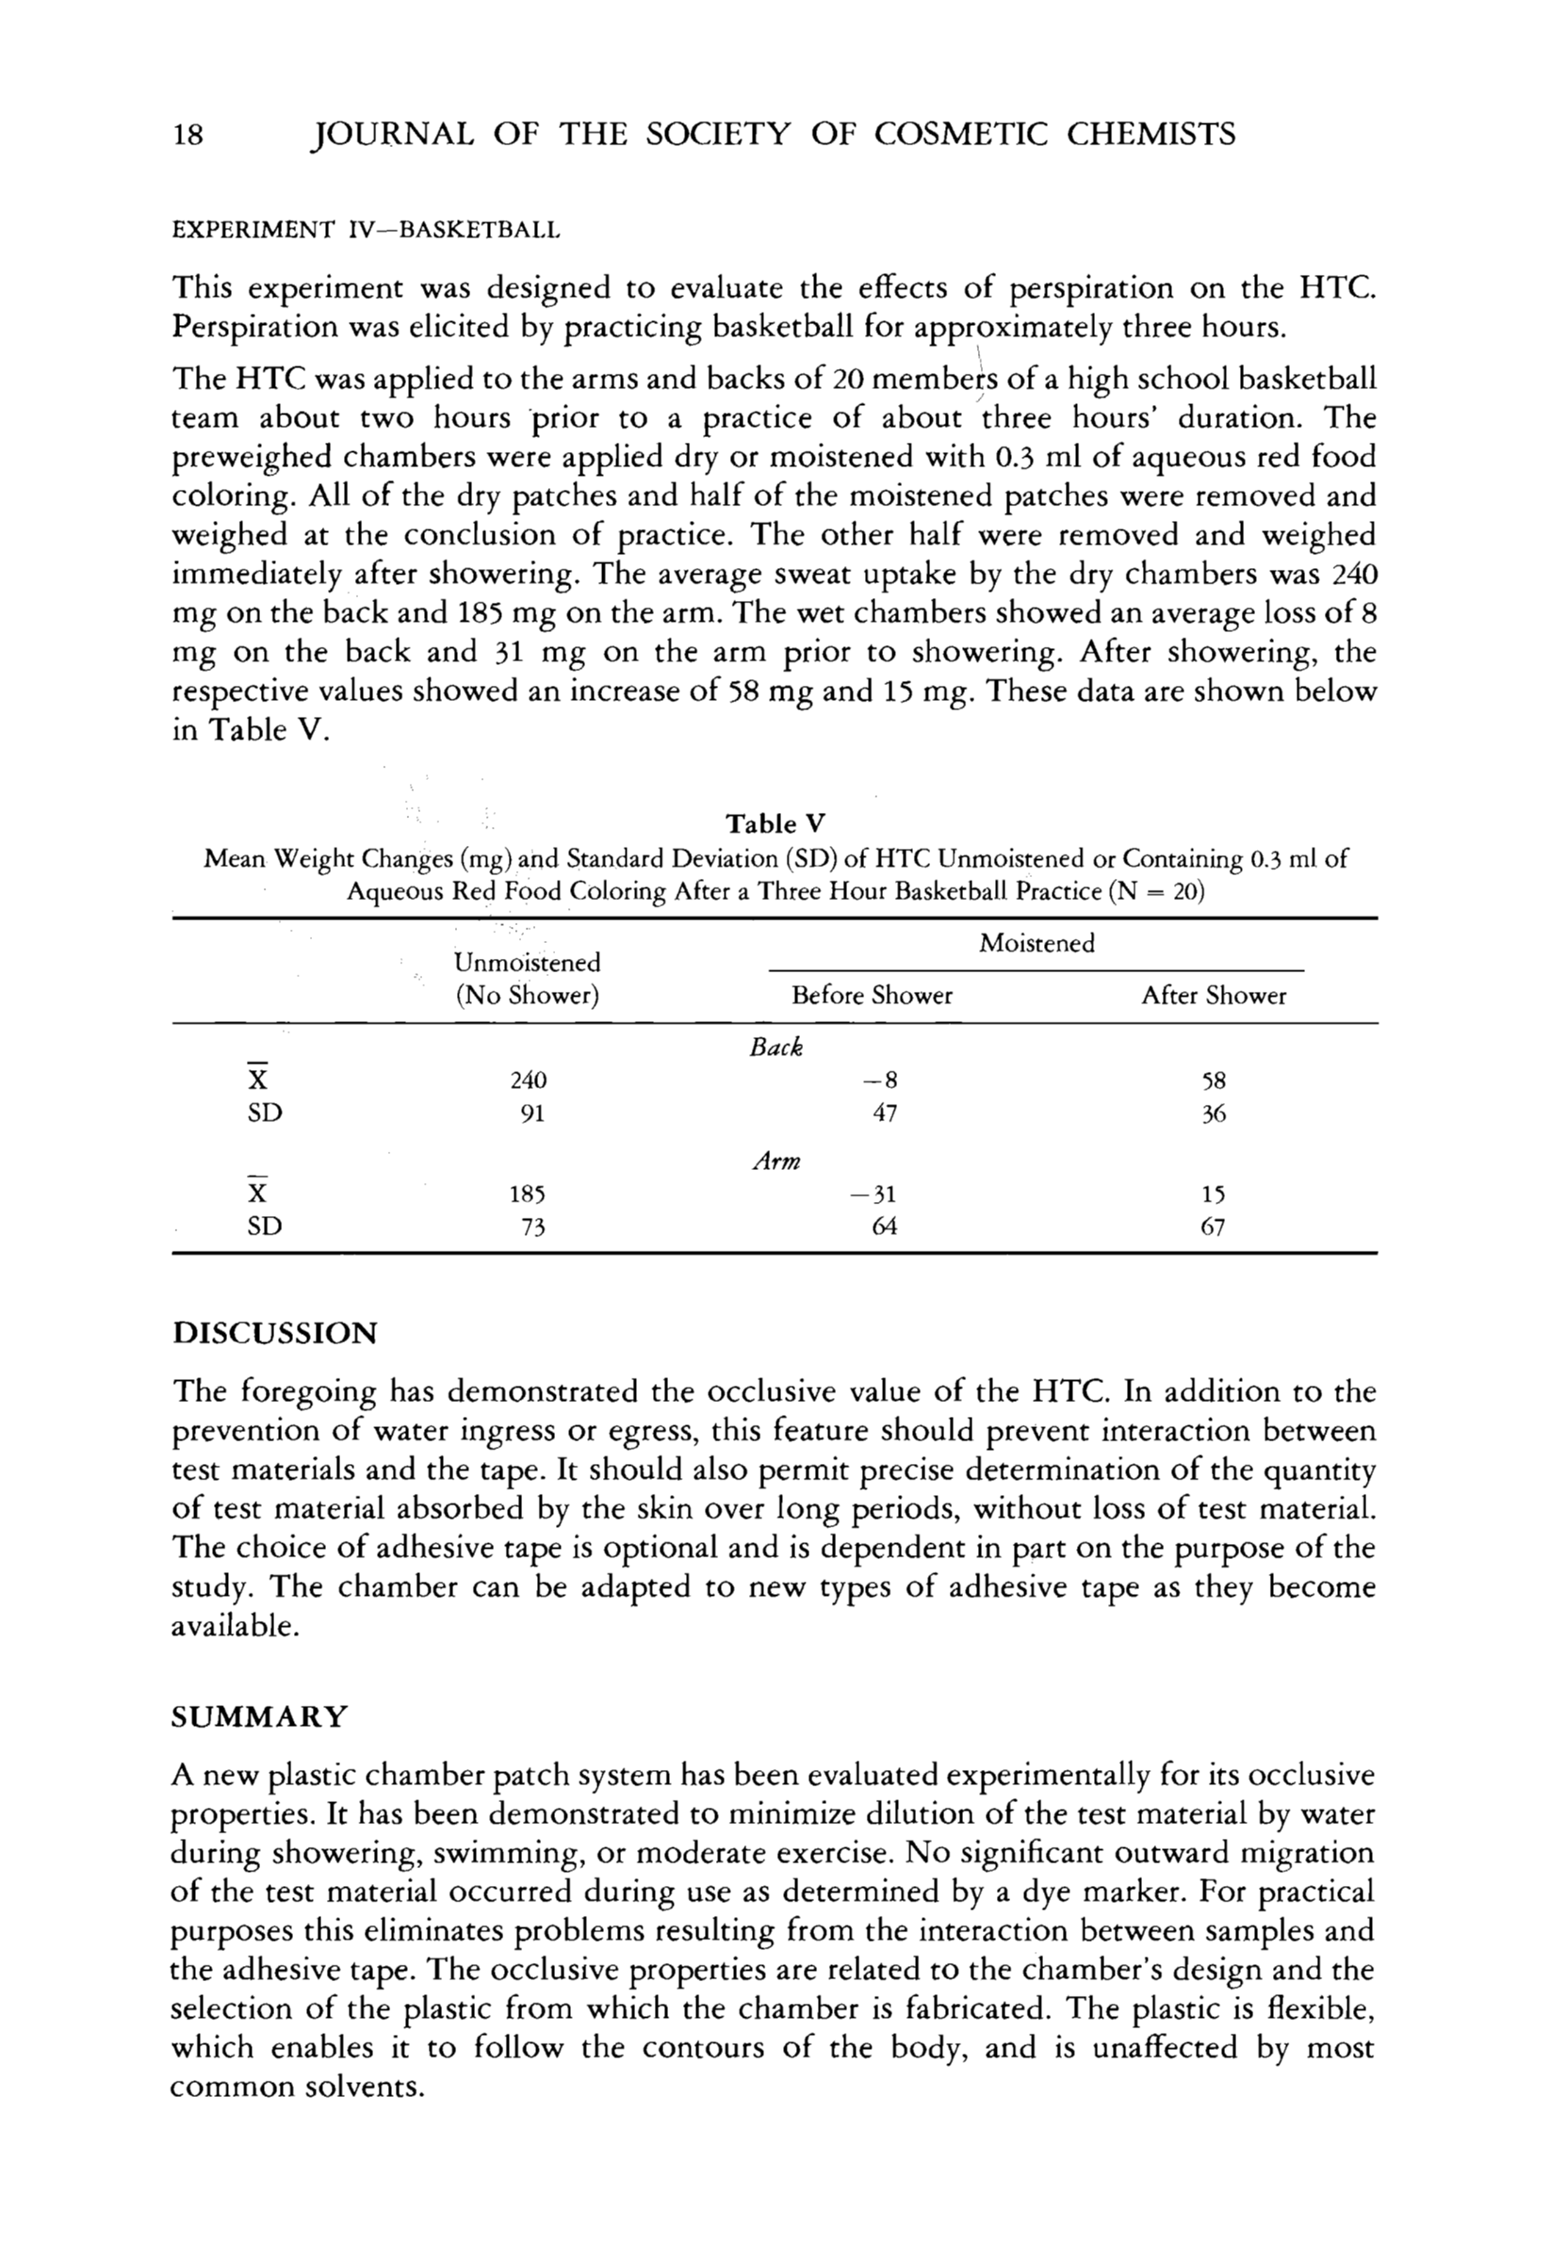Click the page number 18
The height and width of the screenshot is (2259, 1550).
point(187,134)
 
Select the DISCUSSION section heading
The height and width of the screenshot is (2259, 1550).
point(274,1333)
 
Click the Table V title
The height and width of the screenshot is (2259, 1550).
point(775,824)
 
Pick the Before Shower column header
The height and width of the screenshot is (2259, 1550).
point(872,996)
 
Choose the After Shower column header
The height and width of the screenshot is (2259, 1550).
point(1213,996)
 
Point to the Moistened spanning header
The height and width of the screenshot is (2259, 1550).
point(1036,943)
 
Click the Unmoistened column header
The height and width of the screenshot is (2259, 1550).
point(527,963)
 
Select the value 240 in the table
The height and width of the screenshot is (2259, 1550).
point(528,1081)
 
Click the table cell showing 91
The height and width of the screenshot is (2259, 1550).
point(530,1113)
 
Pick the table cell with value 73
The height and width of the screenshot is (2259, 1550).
point(530,1227)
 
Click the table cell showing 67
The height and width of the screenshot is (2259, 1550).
point(1213,1227)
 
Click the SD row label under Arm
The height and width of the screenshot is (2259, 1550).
point(265,1227)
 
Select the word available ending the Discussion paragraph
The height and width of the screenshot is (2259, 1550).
point(234,1626)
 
